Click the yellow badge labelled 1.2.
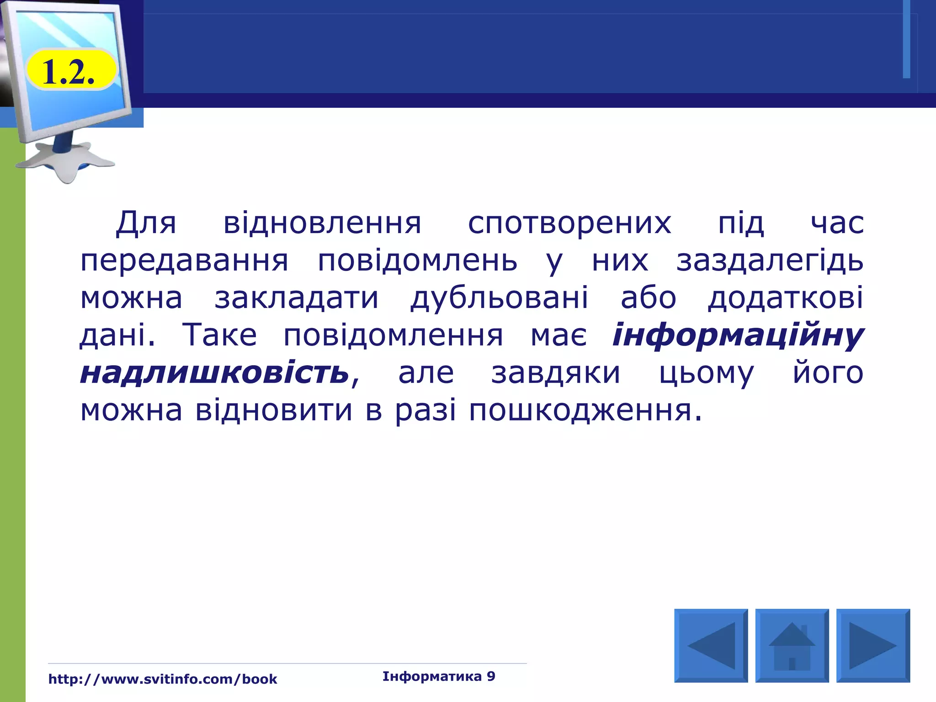(x=70, y=71)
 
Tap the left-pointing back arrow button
(x=711, y=645)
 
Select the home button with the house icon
(x=792, y=645)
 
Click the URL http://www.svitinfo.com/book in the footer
(x=163, y=679)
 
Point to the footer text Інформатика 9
(x=439, y=676)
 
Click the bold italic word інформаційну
(x=738, y=335)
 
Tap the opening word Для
(x=146, y=223)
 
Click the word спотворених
(x=569, y=223)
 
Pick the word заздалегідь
(x=770, y=261)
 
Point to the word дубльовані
(x=499, y=298)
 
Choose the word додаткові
(x=786, y=298)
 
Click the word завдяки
(x=556, y=372)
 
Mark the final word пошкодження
(x=585, y=410)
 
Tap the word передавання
(x=184, y=261)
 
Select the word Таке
(x=220, y=335)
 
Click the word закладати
(x=297, y=298)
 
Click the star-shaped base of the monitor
(x=69, y=160)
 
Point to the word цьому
(x=706, y=372)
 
